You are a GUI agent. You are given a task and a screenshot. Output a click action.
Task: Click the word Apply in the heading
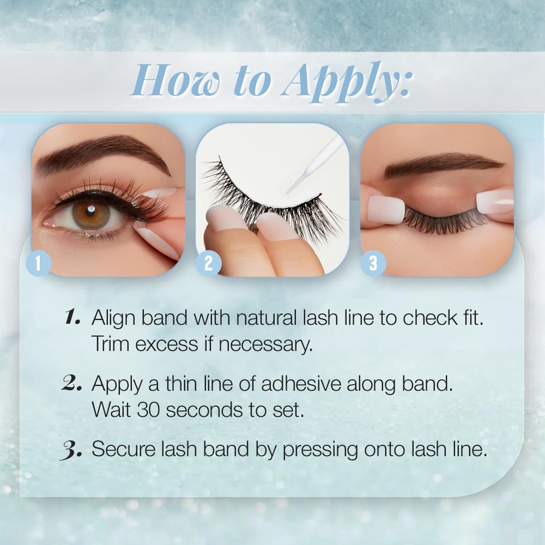346,83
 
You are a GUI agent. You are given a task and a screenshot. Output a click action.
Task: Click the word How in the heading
176,81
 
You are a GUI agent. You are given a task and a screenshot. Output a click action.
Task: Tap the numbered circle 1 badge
38,263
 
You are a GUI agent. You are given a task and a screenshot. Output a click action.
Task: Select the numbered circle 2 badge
208,263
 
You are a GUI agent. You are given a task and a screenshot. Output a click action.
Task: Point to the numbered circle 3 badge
373,263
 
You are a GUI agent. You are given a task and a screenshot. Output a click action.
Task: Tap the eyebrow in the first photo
104,153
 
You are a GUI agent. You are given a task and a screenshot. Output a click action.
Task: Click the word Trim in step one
111,344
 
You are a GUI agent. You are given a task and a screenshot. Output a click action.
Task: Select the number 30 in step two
148,410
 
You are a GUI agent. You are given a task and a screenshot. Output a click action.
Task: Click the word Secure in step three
123,449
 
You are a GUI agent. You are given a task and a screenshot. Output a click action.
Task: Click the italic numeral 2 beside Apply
71,384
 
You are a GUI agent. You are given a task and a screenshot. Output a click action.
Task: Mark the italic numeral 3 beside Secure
71,450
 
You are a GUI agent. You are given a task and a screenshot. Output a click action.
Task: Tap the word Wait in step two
112,410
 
